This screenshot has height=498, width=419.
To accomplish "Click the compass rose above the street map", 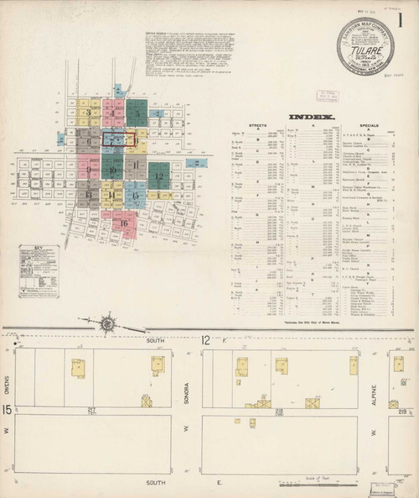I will pos(108,322).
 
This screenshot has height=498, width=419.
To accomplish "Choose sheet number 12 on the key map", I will pos(158,176).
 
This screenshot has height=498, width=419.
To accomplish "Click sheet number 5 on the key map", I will pos(137,112).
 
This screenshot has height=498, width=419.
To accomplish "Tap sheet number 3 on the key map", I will pos(87,113).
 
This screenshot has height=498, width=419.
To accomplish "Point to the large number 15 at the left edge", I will pos(8,410).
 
